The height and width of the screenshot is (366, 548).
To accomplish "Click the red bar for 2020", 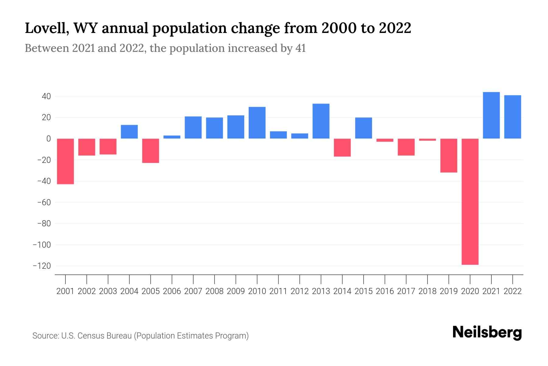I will (x=470, y=201).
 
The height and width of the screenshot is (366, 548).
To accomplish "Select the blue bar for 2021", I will (x=491, y=115).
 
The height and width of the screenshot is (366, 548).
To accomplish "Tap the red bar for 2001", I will (x=65, y=161).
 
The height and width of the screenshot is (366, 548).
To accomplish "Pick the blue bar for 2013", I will (x=321, y=121).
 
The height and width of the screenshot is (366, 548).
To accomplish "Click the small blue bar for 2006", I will (x=172, y=137).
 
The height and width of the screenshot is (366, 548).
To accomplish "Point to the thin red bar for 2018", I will (x=427, y=140).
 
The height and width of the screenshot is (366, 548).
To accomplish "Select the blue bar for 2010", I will (x=257, y=123).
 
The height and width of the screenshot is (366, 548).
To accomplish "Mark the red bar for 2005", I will (x=151, y=151).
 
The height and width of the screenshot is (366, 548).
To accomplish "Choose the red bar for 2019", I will (x=449, y=156).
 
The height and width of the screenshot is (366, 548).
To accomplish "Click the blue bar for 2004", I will (x=129, y=132).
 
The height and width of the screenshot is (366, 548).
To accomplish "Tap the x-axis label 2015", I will (x=364, y=291).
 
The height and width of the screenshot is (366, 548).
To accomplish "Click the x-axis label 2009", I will (x=236, y=291).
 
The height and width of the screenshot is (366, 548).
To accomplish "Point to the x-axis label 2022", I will (x=513, y=291).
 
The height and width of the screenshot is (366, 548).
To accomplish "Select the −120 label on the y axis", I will (x=42, y=266).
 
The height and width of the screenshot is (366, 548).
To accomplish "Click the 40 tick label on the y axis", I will (x=46, y=96).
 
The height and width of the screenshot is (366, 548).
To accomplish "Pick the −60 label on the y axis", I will (x=44, y=202).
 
